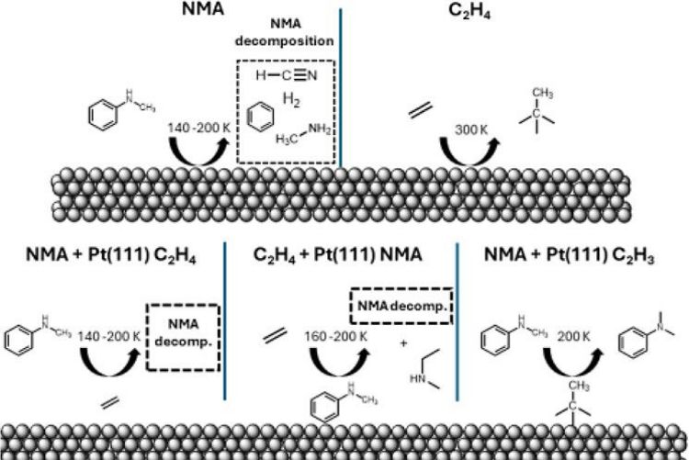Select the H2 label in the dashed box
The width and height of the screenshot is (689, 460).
pos(291,99)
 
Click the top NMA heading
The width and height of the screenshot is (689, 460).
pos(171,14)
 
